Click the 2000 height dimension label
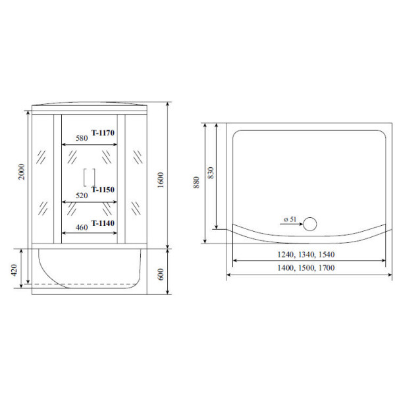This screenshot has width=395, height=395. pos(22,173)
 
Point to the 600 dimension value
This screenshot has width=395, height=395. pos(160,270)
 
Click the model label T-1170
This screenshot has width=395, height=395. pos(103,133)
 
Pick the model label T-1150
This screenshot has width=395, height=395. pos(103,190)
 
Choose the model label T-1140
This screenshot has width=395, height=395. pos(103,223)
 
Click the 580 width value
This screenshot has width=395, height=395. pos(81,138)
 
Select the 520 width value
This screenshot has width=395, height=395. pos(81,196)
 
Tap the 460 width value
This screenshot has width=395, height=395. pos(81,228)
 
